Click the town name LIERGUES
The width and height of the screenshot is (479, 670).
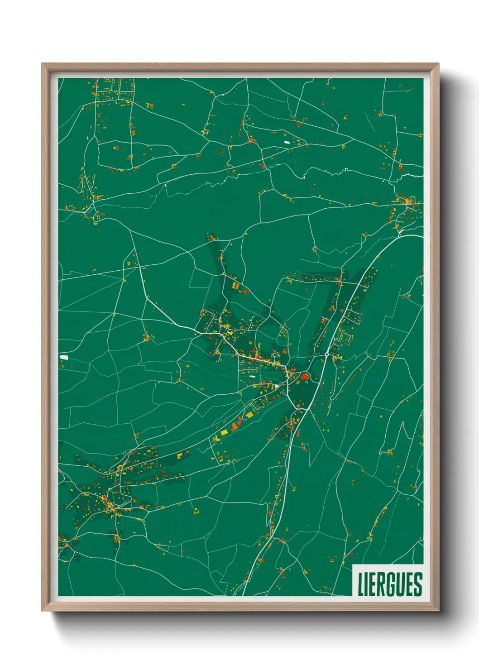[390, 584]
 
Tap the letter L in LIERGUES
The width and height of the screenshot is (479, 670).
[361, 584]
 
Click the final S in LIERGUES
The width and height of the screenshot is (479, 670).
[417, 584]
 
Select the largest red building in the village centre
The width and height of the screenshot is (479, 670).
[304, 376]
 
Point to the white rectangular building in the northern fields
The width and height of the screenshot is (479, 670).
[286, 142]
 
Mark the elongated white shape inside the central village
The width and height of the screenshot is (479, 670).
[250, 376]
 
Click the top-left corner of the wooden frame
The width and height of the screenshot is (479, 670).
[42, 64]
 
